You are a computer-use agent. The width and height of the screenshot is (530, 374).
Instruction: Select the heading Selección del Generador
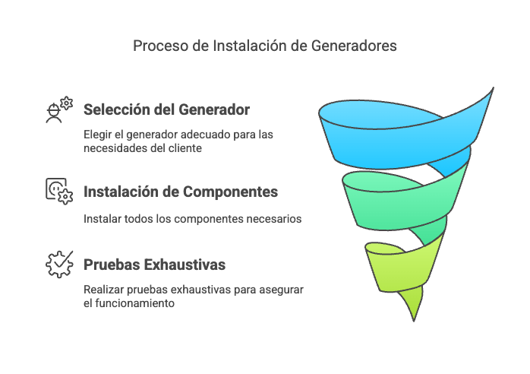(166, 109)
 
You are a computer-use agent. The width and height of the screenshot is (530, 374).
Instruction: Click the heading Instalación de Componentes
(181, 192)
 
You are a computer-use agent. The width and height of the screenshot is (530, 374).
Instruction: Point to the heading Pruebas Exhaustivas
(154, 265)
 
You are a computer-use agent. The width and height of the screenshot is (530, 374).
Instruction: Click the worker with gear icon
(59, 109)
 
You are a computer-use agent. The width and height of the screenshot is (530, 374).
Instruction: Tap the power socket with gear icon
(59, 192)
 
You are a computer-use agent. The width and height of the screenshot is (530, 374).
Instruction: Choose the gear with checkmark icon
(59, 265)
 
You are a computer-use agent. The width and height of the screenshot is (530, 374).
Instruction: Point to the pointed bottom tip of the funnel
(414, 321)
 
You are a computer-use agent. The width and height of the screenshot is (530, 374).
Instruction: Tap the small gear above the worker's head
(67, 103)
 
